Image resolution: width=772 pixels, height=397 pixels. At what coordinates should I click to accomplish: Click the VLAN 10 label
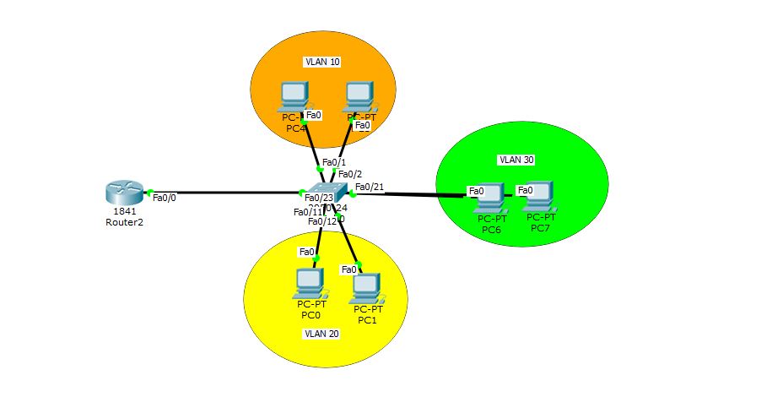click(x=322, y=62)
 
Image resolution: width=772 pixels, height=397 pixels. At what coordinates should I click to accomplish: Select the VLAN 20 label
click(x=321, y=334)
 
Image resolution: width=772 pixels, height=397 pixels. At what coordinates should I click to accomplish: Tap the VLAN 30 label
click(x=516, y=159)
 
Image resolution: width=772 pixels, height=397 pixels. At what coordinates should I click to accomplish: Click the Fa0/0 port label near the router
click(x=165, y=198)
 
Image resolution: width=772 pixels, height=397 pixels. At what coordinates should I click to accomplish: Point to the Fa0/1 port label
click(x=333, y=162)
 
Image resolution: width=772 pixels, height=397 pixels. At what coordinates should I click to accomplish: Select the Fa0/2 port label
click(x=350, y=174)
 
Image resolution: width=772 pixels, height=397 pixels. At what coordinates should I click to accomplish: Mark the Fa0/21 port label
click(x=370, y=187)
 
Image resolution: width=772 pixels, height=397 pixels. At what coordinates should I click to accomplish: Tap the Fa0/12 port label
click(x=321, y=221)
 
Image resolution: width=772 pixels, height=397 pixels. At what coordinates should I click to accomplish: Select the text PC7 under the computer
click(x=541, y=227)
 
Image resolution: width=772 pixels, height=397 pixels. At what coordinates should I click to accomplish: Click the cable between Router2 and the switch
click(x=228, y=193)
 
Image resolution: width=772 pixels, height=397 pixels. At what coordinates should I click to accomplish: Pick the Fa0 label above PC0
click(x=306, y=252)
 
